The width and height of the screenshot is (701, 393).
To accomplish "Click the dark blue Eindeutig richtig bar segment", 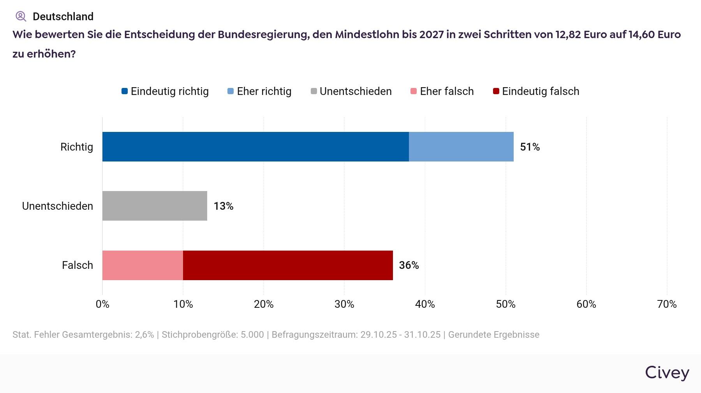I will tap(255, 147).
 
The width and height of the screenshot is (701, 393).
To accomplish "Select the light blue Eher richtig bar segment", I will tap(461, 147).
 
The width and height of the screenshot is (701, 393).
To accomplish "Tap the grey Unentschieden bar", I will tap(155, 206).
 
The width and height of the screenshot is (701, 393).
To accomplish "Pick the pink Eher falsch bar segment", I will tap(143, 265).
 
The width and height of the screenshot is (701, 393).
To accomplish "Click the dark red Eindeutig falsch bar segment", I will tap(288, 265).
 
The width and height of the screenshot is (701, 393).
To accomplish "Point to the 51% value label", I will tap(530, 147).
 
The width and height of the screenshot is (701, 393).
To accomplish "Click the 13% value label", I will tap(223, 206).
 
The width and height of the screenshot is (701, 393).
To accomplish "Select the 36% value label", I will tap(409, 265).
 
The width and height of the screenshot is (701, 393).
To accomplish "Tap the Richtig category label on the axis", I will tap(77, 147).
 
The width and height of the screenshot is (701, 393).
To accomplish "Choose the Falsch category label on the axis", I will tap(77, 265).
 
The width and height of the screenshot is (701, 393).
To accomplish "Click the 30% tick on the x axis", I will tap(344, 304).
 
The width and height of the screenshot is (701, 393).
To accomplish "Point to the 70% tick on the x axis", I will tap(667, 304).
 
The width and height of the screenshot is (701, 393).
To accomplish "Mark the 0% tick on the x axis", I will tap(102, 304).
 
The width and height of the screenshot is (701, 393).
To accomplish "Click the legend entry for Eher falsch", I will tap(442, 91).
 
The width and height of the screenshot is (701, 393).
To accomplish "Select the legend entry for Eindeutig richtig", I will tap(166, 91).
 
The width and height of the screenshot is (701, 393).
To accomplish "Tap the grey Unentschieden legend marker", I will tap(314, 91).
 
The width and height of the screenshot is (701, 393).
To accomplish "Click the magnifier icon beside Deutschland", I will tap(21, 16).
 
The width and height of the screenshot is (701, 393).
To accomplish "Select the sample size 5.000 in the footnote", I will tap(252, 335).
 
